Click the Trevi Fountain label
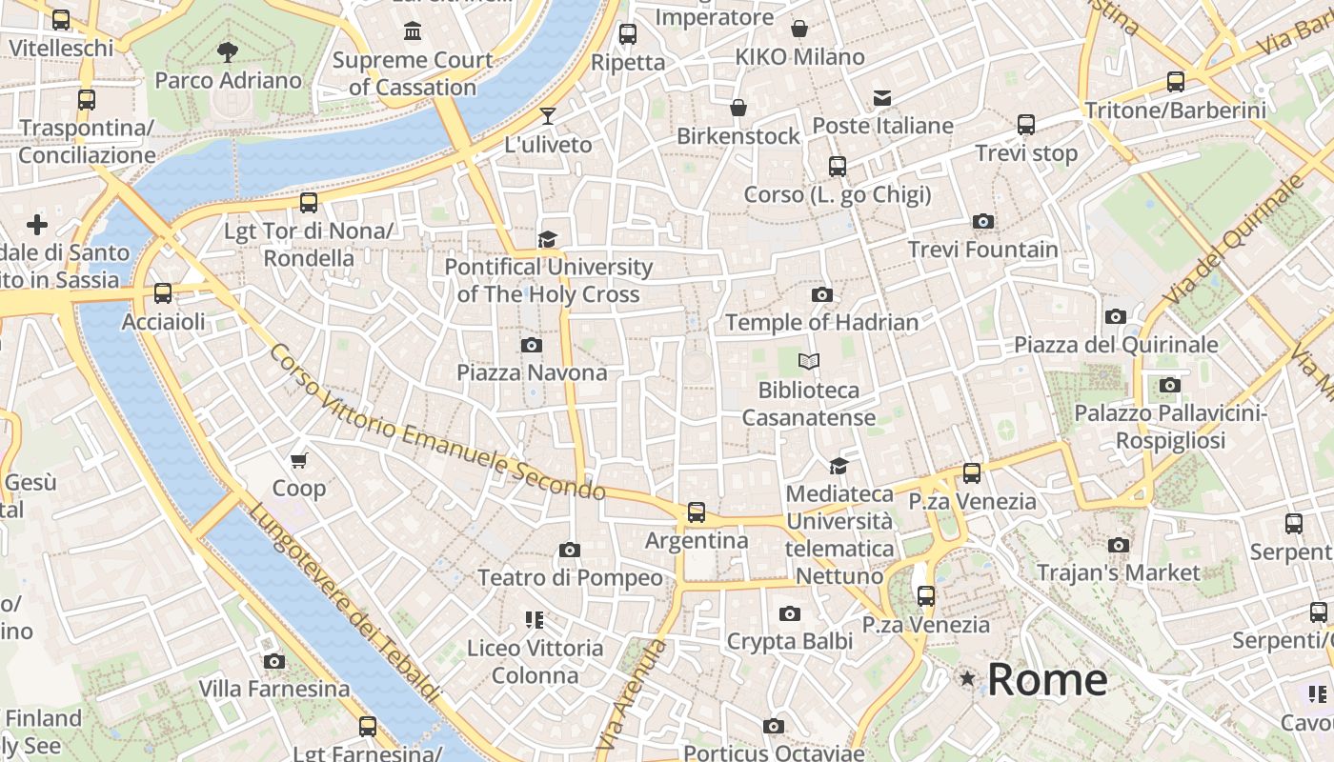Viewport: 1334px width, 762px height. (982, 250)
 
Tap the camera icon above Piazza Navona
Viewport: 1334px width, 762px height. (532, 345)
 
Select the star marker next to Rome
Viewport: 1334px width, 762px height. (968, 678)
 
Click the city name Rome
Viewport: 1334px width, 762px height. (1047, 679)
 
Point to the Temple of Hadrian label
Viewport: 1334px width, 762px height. (821, 322)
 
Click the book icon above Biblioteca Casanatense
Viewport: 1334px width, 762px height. (809, 362)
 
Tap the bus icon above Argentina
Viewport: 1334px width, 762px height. (697, 512)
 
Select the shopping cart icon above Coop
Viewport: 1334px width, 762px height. (299, 461)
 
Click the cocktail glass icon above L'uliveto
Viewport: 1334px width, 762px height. (548, 116)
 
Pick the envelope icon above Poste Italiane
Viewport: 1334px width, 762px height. (882, 97)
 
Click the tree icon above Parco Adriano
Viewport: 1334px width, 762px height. (228, 51)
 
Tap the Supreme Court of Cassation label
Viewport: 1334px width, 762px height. (413, 73)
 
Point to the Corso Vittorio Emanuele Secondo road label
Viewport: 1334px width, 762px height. (436, 423)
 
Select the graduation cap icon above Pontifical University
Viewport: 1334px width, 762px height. (548, 239)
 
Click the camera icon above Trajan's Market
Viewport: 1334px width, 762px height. (1119, 546)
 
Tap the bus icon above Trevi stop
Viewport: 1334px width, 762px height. (1026, 125)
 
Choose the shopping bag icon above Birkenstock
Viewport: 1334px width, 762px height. (738, 108)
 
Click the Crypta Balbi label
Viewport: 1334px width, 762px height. (790, 642)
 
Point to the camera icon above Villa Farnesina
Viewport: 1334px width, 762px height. (274, 661)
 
